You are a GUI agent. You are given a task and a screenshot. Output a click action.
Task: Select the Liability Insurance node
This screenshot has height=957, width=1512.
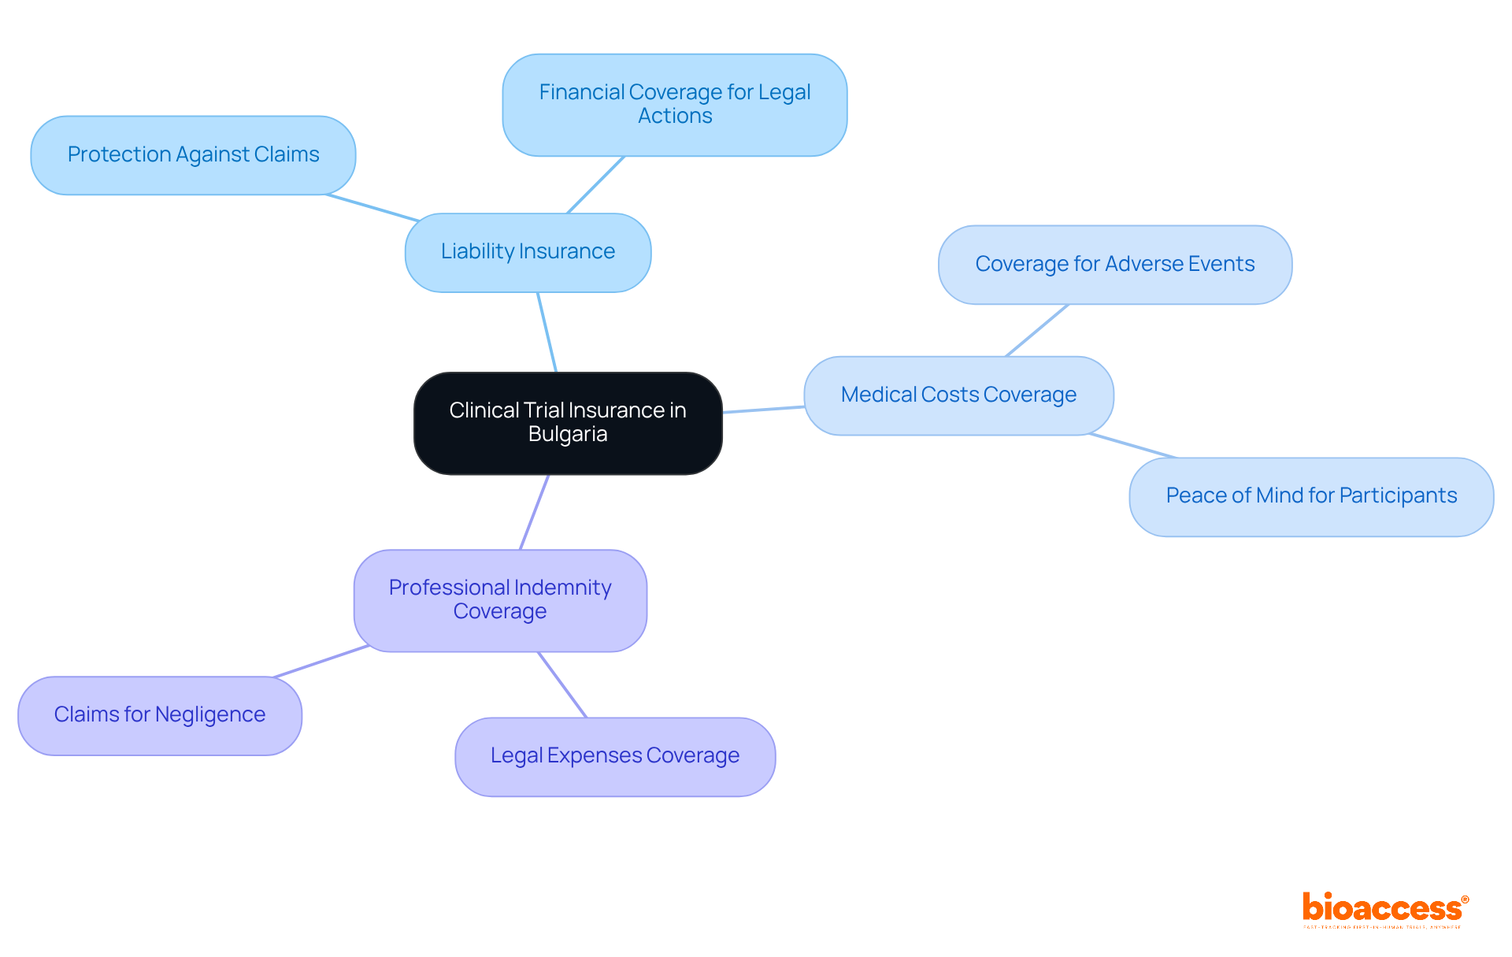528,252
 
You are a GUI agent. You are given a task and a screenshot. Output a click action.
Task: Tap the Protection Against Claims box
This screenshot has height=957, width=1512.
193,155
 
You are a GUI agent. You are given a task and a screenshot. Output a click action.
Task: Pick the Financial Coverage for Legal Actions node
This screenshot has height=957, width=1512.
675,105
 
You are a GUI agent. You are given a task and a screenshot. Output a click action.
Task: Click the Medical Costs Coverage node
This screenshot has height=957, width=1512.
958,395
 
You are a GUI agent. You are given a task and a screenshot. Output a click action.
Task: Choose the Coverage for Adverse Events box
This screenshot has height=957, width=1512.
1114,265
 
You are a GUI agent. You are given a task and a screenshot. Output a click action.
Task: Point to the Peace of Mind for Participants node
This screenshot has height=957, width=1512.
1311,496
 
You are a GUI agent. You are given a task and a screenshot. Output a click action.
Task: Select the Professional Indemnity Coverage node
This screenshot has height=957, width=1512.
500,600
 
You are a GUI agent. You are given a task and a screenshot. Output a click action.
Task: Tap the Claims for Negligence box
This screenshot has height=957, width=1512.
160,715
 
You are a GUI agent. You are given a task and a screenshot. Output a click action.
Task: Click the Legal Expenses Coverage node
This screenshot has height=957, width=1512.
615,756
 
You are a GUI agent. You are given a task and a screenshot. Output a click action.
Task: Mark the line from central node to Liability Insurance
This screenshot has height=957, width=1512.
547,332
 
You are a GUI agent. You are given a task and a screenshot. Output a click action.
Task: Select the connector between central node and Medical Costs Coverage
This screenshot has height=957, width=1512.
763,410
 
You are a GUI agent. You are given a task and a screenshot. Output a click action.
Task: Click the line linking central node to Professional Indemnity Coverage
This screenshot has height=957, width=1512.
535,512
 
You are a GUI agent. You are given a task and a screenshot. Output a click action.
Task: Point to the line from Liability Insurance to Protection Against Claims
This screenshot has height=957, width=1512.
372,208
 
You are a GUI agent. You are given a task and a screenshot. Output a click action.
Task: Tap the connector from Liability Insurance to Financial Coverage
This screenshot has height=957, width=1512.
596,184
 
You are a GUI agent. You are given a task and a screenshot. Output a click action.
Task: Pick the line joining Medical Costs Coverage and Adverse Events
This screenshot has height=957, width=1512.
1037,330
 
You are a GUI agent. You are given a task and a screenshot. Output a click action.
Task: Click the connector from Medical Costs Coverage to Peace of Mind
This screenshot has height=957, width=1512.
1133,446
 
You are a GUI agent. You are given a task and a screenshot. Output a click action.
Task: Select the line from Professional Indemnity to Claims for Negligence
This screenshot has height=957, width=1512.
321,662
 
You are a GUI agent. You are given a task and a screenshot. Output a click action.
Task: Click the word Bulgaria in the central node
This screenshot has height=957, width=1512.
568,434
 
